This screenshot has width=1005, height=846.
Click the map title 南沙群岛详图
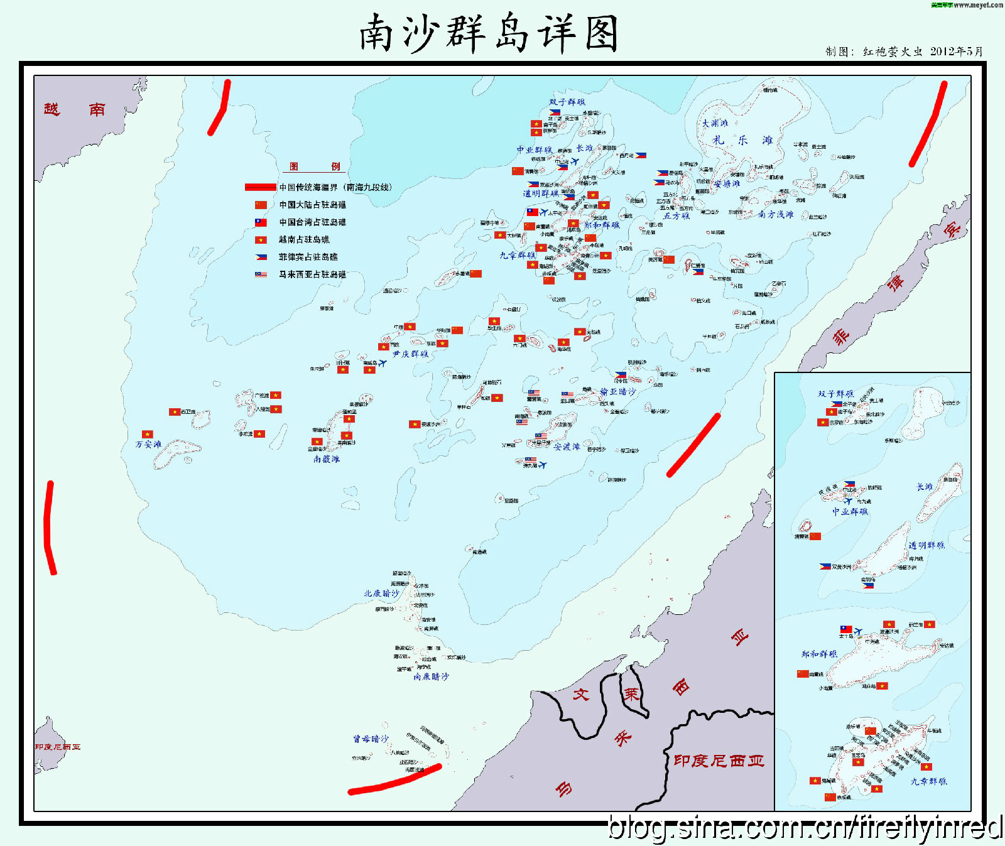click(x=489, y=34)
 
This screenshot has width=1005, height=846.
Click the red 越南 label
click(x=74, y=110)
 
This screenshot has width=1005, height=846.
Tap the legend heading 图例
click(x=315, y=166)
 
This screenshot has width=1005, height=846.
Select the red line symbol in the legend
click(x=260, y=187)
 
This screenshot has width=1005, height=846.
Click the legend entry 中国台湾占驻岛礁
click(x=312, y=222)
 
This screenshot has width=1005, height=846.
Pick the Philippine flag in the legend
click(x=261, y=257)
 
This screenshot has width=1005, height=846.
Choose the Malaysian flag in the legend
click(x=261, y=274)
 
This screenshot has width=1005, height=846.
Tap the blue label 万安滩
click(x=149, y=445)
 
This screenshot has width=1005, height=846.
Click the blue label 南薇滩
click(x=327, y=460)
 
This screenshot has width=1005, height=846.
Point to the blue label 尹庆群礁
click(x=411, y=354)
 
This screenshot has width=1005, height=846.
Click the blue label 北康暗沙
click(x=381, y=594)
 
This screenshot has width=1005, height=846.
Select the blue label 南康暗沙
click(x=431, y=677)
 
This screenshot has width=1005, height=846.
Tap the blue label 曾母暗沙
click(x=371, y=739)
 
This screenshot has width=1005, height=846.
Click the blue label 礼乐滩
click(x=742, y=141)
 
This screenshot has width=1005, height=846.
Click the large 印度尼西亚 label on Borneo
click(x=719, y=761)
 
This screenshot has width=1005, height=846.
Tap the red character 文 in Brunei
click(x=581, y=695)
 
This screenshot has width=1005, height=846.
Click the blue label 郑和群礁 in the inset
click(x=819, y=654)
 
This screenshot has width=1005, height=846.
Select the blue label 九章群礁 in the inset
click(x=928, y=782)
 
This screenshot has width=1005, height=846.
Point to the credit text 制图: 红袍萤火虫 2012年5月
click(x=904, y=52)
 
